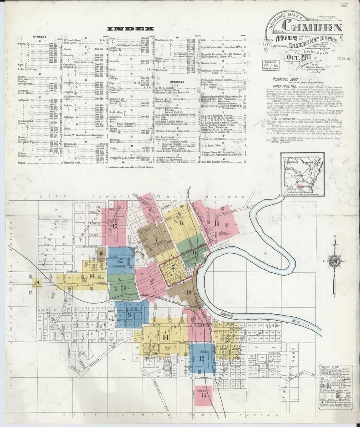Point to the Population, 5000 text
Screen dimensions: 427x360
(x=286, y=79)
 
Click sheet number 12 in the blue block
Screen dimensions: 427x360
(x=202, y=358)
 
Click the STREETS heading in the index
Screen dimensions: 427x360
(x=39, y=37)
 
